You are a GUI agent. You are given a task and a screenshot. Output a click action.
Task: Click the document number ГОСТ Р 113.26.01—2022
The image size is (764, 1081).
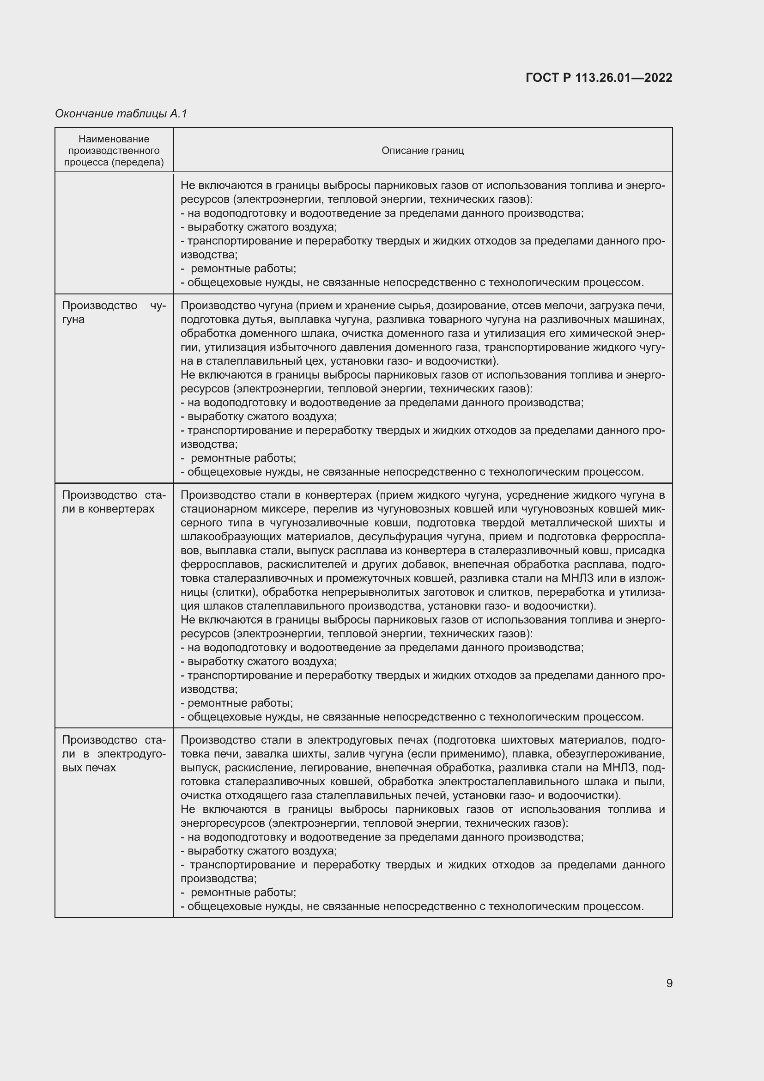(x=598, y=78)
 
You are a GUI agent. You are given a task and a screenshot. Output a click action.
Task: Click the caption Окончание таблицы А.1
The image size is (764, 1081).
(x=121, y=114)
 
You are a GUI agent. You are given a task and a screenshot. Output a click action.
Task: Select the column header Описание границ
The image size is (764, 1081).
(x=423, y=151)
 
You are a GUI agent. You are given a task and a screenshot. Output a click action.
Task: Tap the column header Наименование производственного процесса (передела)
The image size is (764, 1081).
(x=114, y=151)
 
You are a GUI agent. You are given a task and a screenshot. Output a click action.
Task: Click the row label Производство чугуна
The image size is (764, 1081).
(x=113, y=312)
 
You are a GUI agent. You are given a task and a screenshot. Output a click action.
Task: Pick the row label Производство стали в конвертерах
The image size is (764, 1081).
(x=113, y=502)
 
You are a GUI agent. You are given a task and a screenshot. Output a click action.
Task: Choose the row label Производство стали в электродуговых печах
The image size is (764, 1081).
(x=113, y=754)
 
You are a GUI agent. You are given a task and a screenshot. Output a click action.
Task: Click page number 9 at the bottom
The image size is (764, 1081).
(x=669, y=983)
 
